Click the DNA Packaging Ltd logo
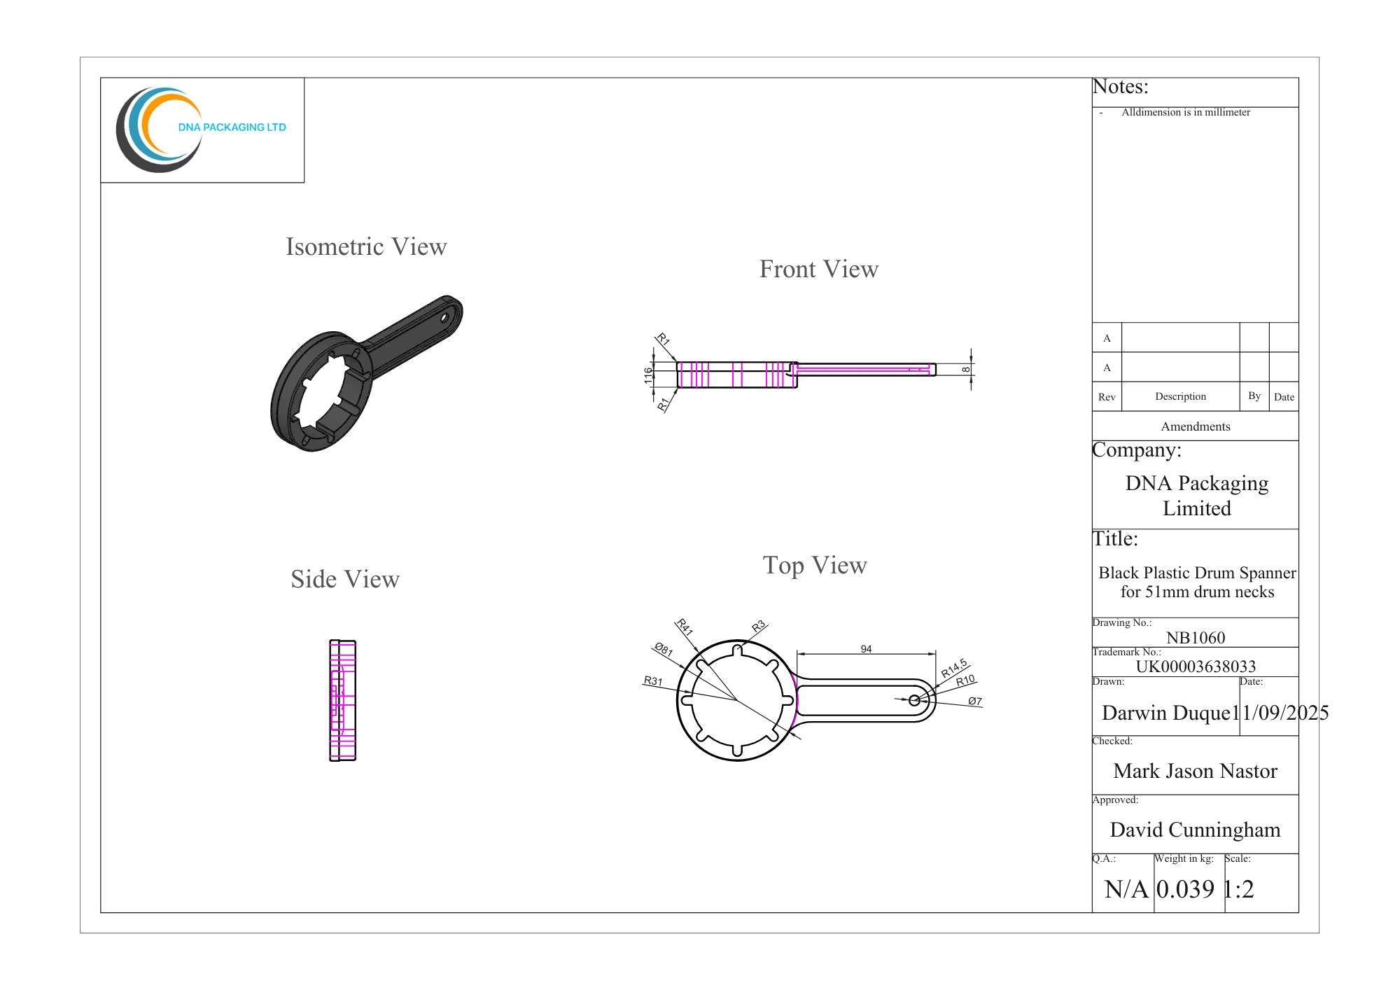201,130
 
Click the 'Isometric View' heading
366,246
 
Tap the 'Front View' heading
819,269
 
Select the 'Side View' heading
345,579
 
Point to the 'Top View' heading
815,566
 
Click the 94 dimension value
866,649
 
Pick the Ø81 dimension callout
663,649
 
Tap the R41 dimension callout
684,627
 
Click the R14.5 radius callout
954,668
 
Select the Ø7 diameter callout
975,701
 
